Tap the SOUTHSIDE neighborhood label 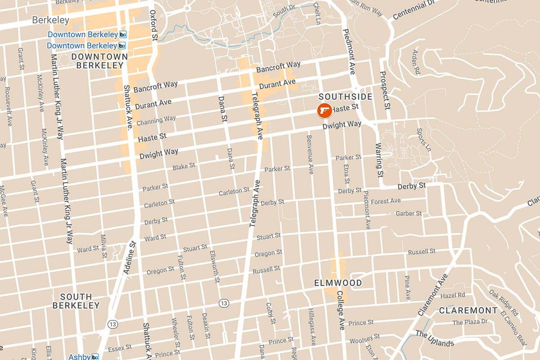tap(345, 97)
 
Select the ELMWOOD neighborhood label tap(338, 283)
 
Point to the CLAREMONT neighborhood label tap(468, 310)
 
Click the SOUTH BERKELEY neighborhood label tap(76, 301)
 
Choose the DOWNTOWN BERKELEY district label tap(99, 61)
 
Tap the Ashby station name tap(79, 357)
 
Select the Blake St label tap(184, 166)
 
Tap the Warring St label tap(379, 159)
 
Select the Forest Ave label tap(386, 201)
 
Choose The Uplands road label tap(434, 338)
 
